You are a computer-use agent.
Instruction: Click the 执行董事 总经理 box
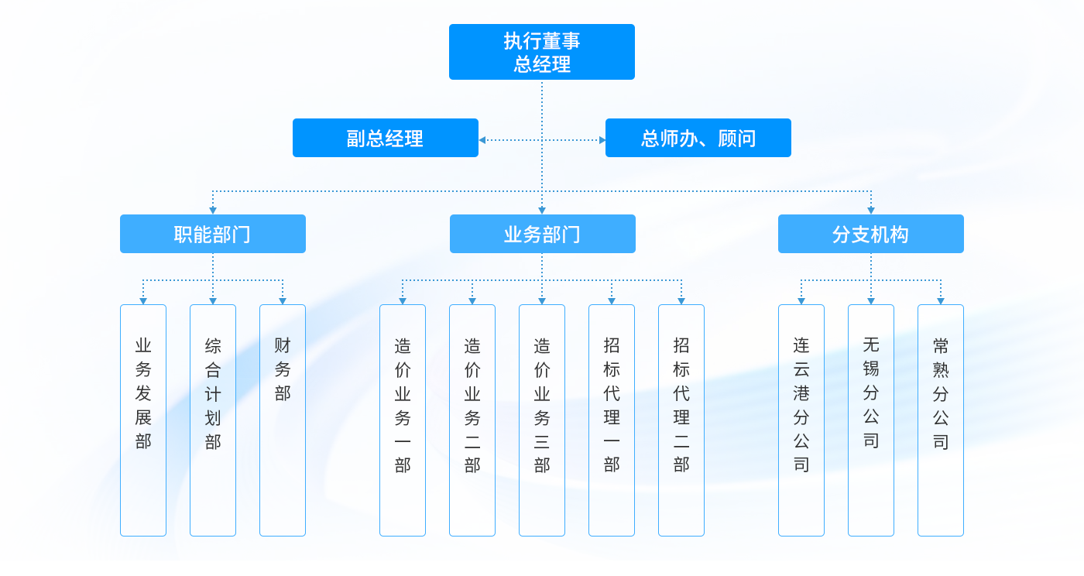coord(542,52)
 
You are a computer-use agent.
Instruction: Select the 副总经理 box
coord(386,138)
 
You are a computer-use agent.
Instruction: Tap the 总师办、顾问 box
coord(698,138)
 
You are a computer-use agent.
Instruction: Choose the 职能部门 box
coord(213,234)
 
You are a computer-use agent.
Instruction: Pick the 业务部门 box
coord(542,234)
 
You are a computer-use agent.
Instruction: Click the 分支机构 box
coord(871,234)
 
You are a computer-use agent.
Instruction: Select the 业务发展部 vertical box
coord(143,420)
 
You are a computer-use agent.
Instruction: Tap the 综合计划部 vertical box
coord(213,420)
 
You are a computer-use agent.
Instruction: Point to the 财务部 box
coord(283,420)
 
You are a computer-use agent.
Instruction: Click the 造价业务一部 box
coord(403,420)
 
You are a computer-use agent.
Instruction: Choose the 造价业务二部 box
coord(472,420)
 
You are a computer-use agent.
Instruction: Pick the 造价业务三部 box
coord(542,420)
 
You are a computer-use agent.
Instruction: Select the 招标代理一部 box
coord(612,420)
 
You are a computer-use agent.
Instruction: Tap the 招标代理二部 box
coord(681,420)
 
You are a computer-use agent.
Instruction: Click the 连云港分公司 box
coord(801,420)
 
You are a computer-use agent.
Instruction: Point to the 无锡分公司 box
coord(871,420)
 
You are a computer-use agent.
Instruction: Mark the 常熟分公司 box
coord(941,420)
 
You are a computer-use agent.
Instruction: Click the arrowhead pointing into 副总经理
coord(482,140)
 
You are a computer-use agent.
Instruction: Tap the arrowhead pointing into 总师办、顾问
coord(602,140)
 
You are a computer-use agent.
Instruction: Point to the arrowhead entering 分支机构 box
coord(871,211)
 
